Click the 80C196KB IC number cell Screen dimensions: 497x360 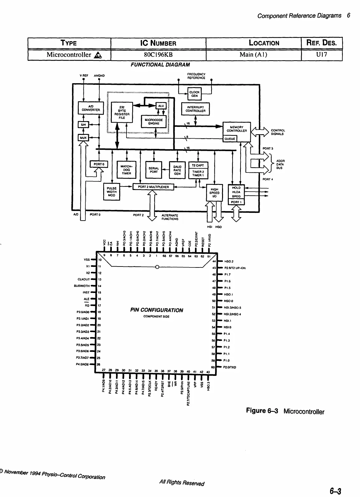158,55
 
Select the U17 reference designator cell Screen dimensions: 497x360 321,55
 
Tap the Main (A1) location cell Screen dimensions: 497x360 253,55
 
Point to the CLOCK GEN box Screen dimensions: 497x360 194,94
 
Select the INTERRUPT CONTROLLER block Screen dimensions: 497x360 195,109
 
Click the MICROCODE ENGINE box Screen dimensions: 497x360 154,121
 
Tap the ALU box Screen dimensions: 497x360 161,106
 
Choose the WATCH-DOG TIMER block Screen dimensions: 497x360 126,169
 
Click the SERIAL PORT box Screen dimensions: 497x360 154,170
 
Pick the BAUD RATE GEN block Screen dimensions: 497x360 177,170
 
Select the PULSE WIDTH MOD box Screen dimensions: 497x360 112,192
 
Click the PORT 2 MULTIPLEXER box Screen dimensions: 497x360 153,187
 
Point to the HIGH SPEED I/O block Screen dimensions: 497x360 214,193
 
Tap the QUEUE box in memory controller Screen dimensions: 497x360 230,139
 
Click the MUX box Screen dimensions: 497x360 83,138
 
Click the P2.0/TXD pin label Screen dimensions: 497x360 230,367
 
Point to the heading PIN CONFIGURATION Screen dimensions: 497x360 157,310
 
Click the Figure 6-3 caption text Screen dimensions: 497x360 285,411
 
